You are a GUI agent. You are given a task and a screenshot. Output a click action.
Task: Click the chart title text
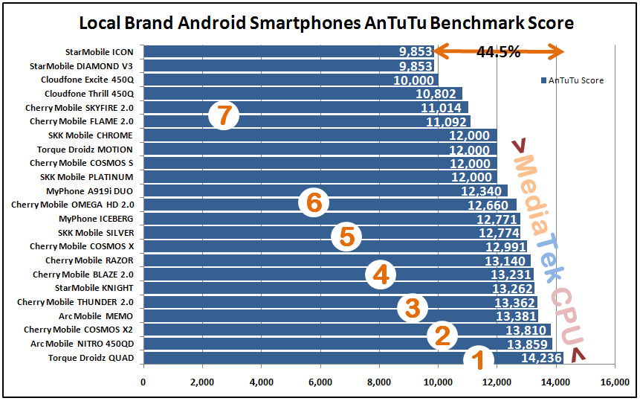click(x=326, y=23)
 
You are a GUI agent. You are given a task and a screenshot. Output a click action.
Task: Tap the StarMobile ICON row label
click(x=100, y=52)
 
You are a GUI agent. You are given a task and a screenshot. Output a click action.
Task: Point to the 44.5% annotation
click(x=499, y=52)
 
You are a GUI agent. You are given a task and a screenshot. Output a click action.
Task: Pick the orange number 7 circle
click(x=223, y=116)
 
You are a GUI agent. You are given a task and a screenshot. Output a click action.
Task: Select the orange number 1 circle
click(x=479, y=361)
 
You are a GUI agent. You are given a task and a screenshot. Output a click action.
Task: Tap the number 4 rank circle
click(x=381, y=276)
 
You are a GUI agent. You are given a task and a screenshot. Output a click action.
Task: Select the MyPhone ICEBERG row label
click(x=97, y=219)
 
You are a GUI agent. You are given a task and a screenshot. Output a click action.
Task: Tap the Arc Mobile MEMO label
click(x=97, y=316)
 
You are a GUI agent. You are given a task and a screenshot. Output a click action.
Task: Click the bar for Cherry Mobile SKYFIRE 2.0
click(x=297, y=108)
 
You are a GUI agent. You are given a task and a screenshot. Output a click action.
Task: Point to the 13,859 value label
click(x=529, y=344)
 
